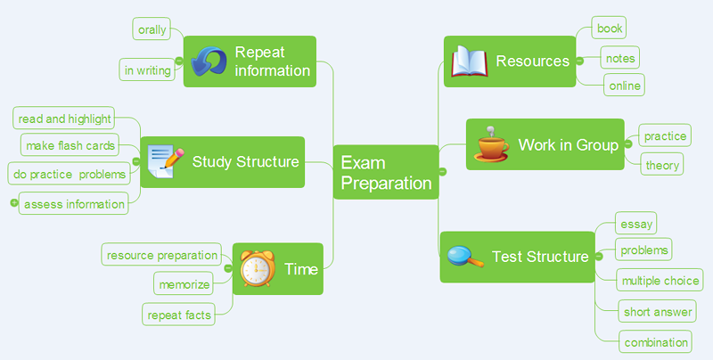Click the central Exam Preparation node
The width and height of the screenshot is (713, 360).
click(385, 173)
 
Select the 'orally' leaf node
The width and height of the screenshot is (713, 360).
click(152, 29)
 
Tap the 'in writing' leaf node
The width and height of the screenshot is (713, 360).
click(147, 70)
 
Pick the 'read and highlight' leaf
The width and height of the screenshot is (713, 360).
click(65, 119)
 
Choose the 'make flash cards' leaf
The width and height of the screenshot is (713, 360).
click(71, 145)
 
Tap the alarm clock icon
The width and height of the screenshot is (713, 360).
click(258, 268)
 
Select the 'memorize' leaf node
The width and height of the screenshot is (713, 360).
click(184, 285)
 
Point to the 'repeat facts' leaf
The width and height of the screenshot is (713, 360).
click(179, 315)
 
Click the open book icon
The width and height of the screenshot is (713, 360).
click(469, 61)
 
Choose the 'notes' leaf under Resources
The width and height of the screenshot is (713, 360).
click(619, 58)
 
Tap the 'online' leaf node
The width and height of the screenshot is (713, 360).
click(623, 86)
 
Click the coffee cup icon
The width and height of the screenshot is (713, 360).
click(490, 144)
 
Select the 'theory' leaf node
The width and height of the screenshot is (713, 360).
click(662, 165)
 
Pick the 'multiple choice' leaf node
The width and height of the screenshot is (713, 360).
click(660, 281)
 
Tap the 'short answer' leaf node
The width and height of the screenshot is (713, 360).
click(657, 311)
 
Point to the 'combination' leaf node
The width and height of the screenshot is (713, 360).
click(657, 341)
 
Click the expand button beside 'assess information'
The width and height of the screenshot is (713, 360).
click(13, 204)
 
